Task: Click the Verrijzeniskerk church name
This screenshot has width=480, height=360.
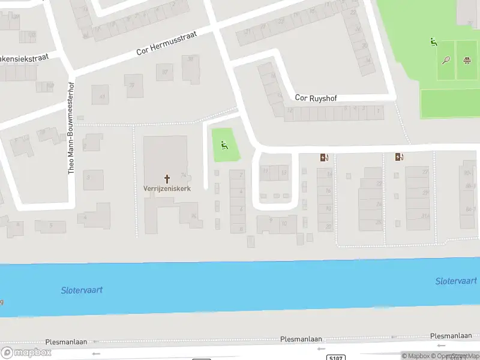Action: click(167, 188)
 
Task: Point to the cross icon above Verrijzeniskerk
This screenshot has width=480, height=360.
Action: click(167, 178)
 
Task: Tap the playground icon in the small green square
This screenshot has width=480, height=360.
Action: click(224, 145)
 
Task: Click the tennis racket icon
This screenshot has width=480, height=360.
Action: click(446, 59)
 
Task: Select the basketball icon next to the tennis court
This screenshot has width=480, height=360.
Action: click(466, 59)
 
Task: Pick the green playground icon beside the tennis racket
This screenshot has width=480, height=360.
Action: click(433, 42)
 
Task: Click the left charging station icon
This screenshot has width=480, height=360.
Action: click(325, 158)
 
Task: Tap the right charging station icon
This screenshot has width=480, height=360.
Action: click(399, 157)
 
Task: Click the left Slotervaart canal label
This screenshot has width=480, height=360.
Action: click(82, 290)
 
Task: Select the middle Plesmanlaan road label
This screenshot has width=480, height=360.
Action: click(301, 339)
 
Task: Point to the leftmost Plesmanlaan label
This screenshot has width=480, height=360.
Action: click(66, 341)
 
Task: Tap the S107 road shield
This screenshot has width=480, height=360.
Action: click(337, 358)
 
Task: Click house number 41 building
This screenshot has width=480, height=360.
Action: click(101, 94)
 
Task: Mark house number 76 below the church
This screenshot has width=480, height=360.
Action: click(193, 216)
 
